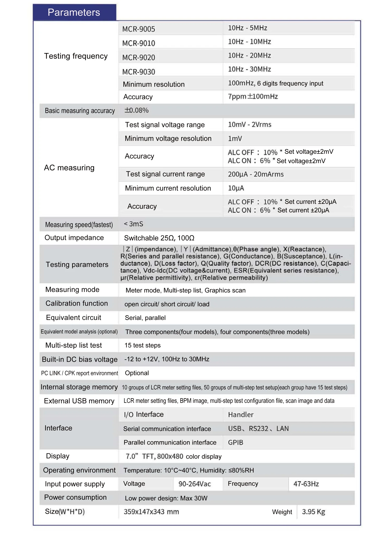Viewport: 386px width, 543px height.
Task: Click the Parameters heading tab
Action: tap(74, 13)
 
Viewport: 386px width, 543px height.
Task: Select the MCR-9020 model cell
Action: tap(139, 57)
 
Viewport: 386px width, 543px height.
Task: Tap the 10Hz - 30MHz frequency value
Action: tap(249, 69)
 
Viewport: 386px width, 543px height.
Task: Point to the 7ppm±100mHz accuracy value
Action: tap(253, 97)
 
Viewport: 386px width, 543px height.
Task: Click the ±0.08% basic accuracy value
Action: tap(137, 110)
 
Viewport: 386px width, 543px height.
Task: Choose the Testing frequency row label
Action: tap(76, 56)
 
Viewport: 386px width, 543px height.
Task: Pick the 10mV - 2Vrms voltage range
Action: tap(250, 125)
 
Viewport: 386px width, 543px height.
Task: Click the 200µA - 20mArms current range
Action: tap(256, 174)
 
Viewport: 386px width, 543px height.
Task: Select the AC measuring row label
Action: tap(69, 168)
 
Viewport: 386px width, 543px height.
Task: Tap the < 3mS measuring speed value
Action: tap(133, 224)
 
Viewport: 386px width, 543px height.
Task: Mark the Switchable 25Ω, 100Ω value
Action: tap(159, 238)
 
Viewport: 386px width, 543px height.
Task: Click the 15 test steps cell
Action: tap(143, 345)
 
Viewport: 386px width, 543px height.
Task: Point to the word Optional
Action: tap(137, 373)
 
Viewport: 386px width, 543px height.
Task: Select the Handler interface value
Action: tap(241, 415)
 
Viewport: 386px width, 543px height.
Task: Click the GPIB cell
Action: tap(236, 442)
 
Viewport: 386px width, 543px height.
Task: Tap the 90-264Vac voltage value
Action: tap(195, 484)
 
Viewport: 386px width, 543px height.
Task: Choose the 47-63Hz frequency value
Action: tap(306, 484)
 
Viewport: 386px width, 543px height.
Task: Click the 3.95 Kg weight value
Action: tap(313, 512)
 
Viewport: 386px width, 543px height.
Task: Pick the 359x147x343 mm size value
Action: tap(151, 512)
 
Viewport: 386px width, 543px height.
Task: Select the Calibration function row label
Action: tap(77, 303)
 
